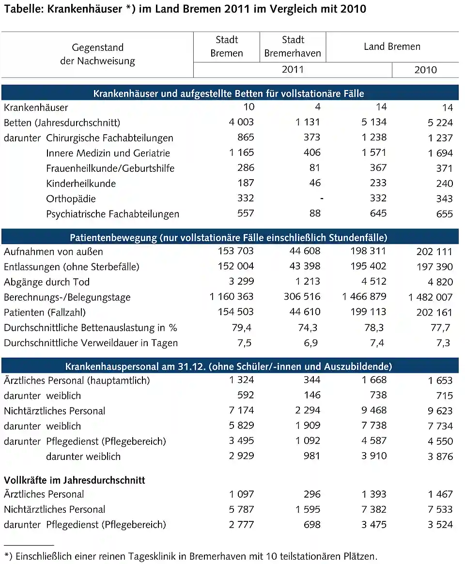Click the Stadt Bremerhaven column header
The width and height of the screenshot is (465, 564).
293,46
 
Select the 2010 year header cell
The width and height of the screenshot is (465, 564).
425,70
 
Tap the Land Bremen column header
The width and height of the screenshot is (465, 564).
392,47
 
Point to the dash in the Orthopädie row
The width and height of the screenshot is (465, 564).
322,198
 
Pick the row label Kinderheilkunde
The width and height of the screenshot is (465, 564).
81,183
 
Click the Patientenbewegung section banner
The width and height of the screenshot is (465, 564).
229,238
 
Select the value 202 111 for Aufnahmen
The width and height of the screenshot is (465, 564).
434,252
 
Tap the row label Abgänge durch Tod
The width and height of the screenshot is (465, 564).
46,282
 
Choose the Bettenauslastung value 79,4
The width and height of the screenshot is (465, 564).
242,328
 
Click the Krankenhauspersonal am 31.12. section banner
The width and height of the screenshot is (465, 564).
229,366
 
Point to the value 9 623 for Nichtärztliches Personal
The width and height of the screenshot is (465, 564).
440,411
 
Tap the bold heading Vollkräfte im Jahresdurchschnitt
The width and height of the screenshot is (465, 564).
75,480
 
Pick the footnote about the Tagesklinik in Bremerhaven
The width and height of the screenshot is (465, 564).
190,557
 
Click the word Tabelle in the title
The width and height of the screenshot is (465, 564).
23,9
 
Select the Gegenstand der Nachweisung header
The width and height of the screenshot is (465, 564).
97,54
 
